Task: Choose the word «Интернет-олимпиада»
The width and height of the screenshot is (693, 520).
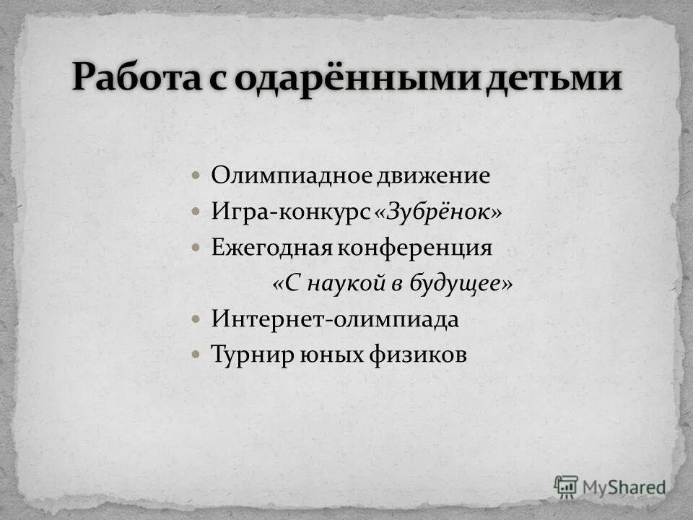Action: (x=335, y=319)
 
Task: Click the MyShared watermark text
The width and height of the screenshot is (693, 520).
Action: (x=624, y=487)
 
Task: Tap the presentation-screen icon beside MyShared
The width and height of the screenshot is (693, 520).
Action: (x=566, y=486)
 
